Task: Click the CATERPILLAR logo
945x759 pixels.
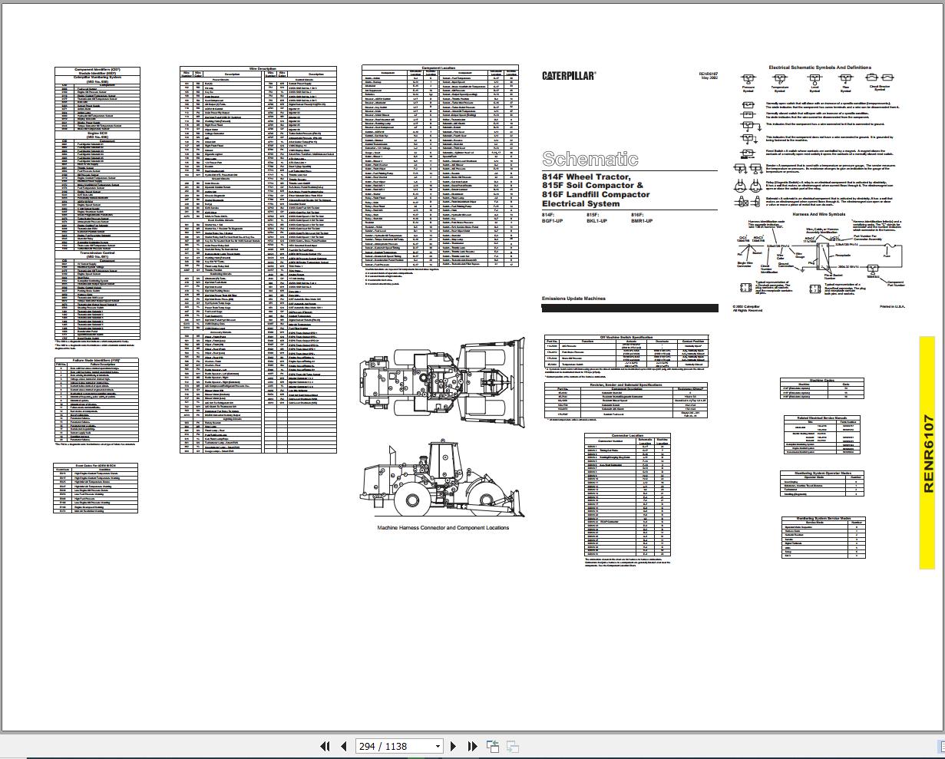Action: (x=569, y=76)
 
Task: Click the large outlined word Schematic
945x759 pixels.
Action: (x=590, y=159)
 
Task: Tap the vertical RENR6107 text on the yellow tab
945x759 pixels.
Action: (x=928, y=454)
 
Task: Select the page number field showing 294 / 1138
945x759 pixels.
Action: (x=399, y=746)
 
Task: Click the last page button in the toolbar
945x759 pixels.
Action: (x=472, y=746)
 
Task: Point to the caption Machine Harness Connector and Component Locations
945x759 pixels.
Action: (x=443, y=527)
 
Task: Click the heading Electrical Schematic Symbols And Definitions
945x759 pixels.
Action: (x=819, y=68)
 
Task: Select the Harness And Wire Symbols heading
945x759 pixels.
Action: (x=818, y=215)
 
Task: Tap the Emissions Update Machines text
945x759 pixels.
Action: (x=573, y=299)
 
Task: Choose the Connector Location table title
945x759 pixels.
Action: (x=627, y=435)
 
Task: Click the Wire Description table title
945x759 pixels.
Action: (x=258, y=68)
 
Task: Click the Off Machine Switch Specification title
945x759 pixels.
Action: (x=626, y=337)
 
